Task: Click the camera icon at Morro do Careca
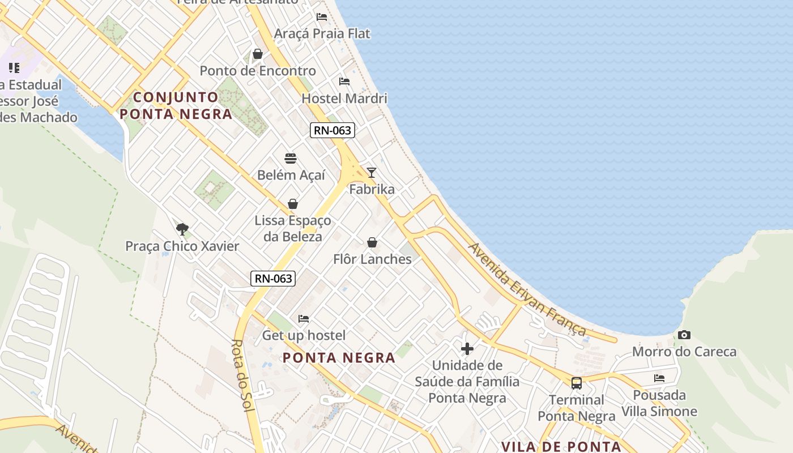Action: click(x=684, y=335)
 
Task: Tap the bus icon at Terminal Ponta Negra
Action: click(x=576, y=383)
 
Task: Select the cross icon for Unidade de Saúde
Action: click(x=467, y=349)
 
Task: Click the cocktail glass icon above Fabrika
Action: click(x=372, y=173)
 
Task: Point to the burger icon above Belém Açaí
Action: click(x=291, y=159)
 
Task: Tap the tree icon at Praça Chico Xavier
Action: click(x=182, y=229)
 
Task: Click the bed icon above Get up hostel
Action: click(x=304, y=319)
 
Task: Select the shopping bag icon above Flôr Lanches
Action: click(x=372, y=243)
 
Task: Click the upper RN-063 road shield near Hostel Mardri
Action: click(x=333, y=130)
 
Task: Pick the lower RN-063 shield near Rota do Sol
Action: click(x=273, y=278)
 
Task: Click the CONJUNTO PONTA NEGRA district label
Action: click(x=176, y=105)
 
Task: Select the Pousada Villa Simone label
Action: click(x=659, y=403)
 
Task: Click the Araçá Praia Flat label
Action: click(x=322, y=33)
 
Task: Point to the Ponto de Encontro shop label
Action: click(x=258, y=71)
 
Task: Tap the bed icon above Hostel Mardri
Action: click(x=344, y=82)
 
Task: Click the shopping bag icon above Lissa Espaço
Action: click(x=293, y=204)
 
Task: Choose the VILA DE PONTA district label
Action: click(x=561, y=446)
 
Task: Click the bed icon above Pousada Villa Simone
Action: click(x=659, y=378)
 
